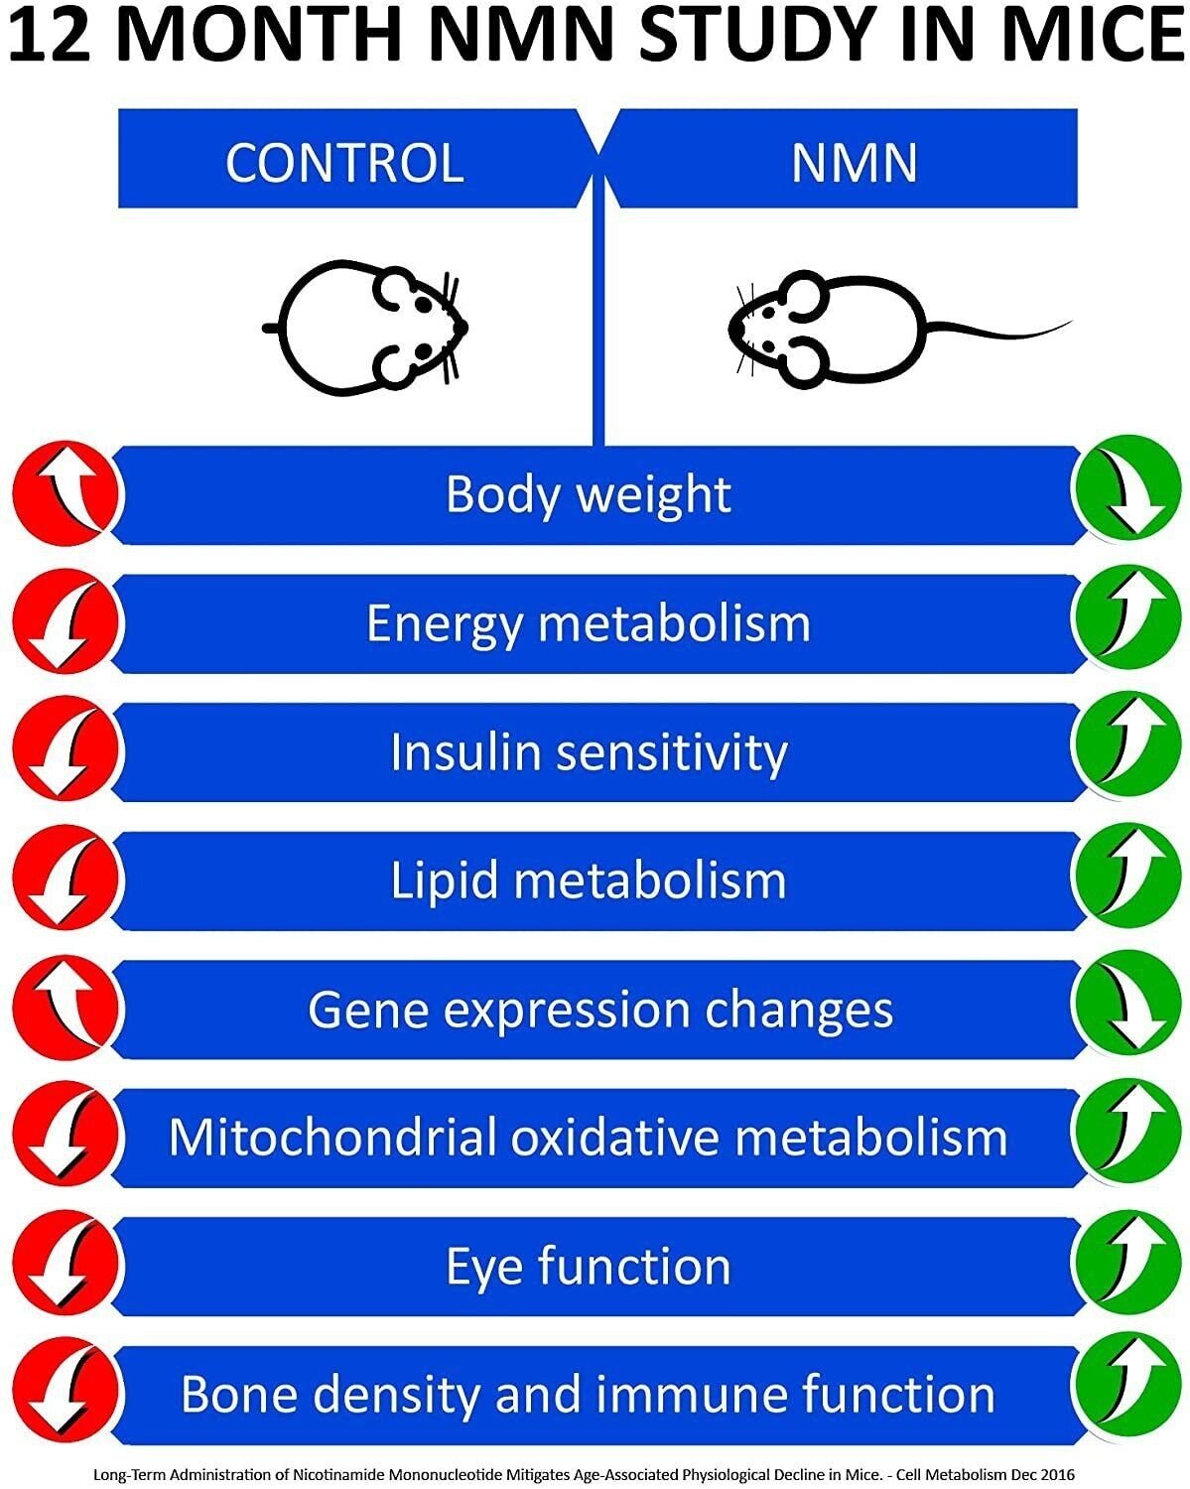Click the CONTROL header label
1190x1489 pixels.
tap(344, 163)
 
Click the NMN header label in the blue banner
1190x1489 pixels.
tap(854, 163)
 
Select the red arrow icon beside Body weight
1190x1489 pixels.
tap(66, 493)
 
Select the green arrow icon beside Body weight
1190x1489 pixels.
tap(1124, 493)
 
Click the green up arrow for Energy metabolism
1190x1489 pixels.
tap(1124, 622)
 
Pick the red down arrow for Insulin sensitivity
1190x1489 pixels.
tap(66, 751)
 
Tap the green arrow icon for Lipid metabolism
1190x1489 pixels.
tap(1124, 880)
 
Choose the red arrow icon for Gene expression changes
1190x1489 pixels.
tap(66, 1008)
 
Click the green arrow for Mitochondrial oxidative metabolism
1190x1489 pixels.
tap(1124, 1136)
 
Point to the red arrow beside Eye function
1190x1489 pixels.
tap(66, 1265)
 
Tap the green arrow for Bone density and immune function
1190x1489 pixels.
tap(1124, 1393)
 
